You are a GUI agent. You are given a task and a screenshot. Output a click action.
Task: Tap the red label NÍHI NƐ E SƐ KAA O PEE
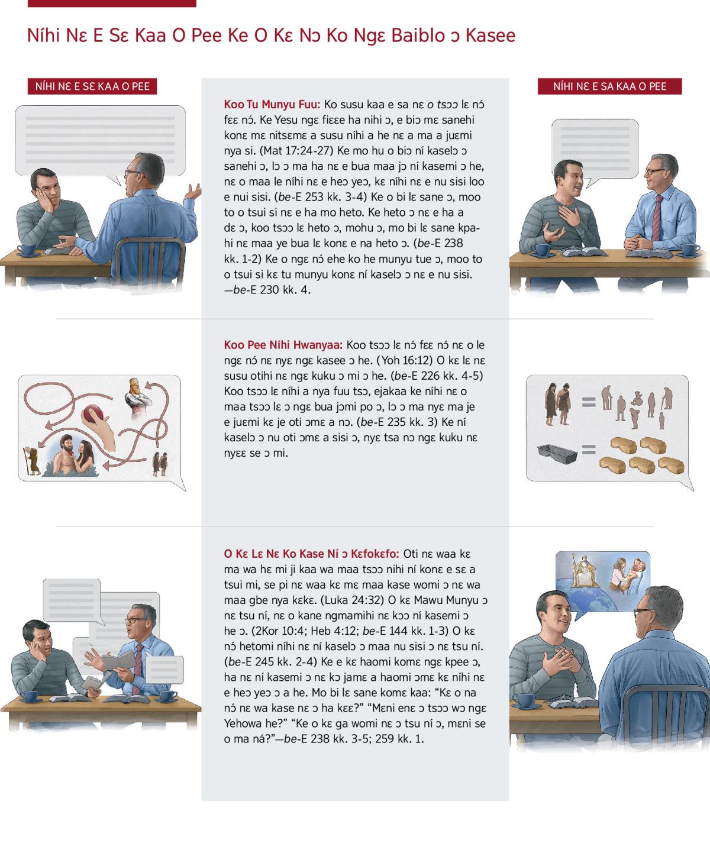pyautogui.click(x=92, y=86)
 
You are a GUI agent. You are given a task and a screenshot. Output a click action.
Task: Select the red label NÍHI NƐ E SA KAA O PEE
pyautogui.click(x=610, y=86)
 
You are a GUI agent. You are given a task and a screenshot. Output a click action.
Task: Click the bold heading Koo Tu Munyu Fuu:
pyautogui.click(x=272, y=104)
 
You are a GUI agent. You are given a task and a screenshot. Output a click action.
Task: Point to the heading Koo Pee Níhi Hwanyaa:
pyautogui.click(x=283, y=345)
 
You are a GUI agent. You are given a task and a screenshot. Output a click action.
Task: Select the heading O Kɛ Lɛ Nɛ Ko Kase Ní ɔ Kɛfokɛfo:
pyautogui.click(x=311, y=554)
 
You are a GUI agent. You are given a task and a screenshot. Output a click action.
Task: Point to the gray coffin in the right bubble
pyautogui.click(x=557, y=453)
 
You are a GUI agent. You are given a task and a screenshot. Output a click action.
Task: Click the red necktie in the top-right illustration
pyautogui.click(x=657, y=217)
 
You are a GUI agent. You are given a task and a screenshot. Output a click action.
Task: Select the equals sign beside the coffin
pyautogui.click(x=589, y=449)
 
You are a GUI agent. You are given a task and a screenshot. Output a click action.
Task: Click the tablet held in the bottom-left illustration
pyautogui.click(x=91, y=684)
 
